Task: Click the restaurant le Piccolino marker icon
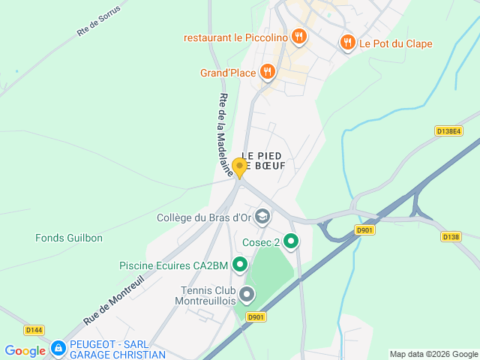299,36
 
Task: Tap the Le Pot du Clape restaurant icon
347,43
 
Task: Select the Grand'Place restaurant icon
268,72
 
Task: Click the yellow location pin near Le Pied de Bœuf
240,167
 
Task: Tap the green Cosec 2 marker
291,241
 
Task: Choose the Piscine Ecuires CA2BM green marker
240,264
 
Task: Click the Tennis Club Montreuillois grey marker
246,294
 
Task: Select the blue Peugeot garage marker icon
58,349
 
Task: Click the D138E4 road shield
448,130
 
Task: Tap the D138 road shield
450,236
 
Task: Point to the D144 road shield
34,329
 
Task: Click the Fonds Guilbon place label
69,238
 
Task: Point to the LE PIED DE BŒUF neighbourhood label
263,160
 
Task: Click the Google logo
25,350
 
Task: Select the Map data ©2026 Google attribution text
433,354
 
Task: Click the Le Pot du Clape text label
395,43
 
